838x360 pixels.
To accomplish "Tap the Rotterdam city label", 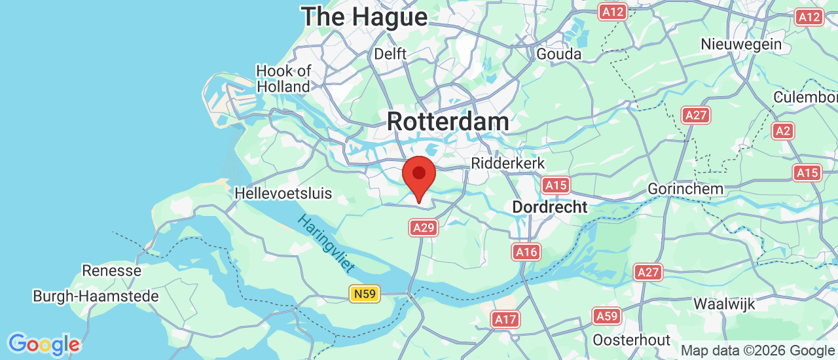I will (448, 122).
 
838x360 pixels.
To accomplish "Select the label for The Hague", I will (364, 17).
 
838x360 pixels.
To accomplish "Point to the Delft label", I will (390, 54).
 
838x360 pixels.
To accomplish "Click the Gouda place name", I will (558, 54).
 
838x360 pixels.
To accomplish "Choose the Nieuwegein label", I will (741, 45).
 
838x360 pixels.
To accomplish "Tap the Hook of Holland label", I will (283, 79).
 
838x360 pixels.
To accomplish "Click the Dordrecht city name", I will (549, 207).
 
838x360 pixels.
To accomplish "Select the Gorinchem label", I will (685, 189).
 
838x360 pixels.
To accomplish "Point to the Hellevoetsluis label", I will (283, 194).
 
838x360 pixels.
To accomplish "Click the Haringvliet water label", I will (325, 243).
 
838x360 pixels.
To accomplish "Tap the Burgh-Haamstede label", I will (96, 297).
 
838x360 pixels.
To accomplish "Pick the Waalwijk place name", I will (724, 304).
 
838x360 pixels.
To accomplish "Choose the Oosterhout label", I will (631, 340).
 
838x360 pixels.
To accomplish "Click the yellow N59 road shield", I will (364, 295).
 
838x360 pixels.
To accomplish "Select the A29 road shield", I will (424, 227).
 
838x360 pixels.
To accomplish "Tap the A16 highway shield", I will (526, 251).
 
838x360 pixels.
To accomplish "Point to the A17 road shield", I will (505, 319).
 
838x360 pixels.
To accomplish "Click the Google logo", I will (44, 344).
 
